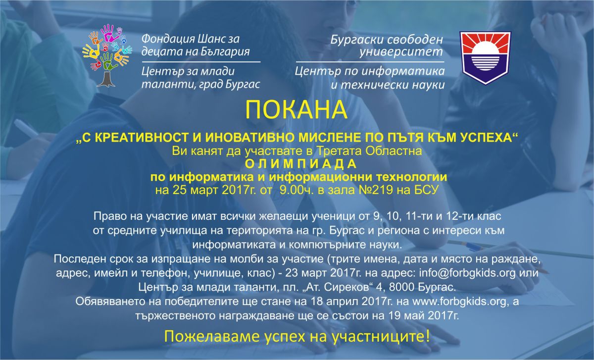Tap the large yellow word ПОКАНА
point(296,110)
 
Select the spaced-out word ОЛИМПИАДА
point(300,164)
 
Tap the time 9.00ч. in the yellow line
point(296,190)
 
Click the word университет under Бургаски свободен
point(401,52)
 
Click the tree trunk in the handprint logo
point(106,79)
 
